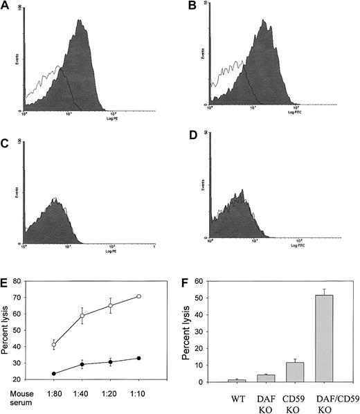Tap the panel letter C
point(6,145)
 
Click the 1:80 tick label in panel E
point(54,400)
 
